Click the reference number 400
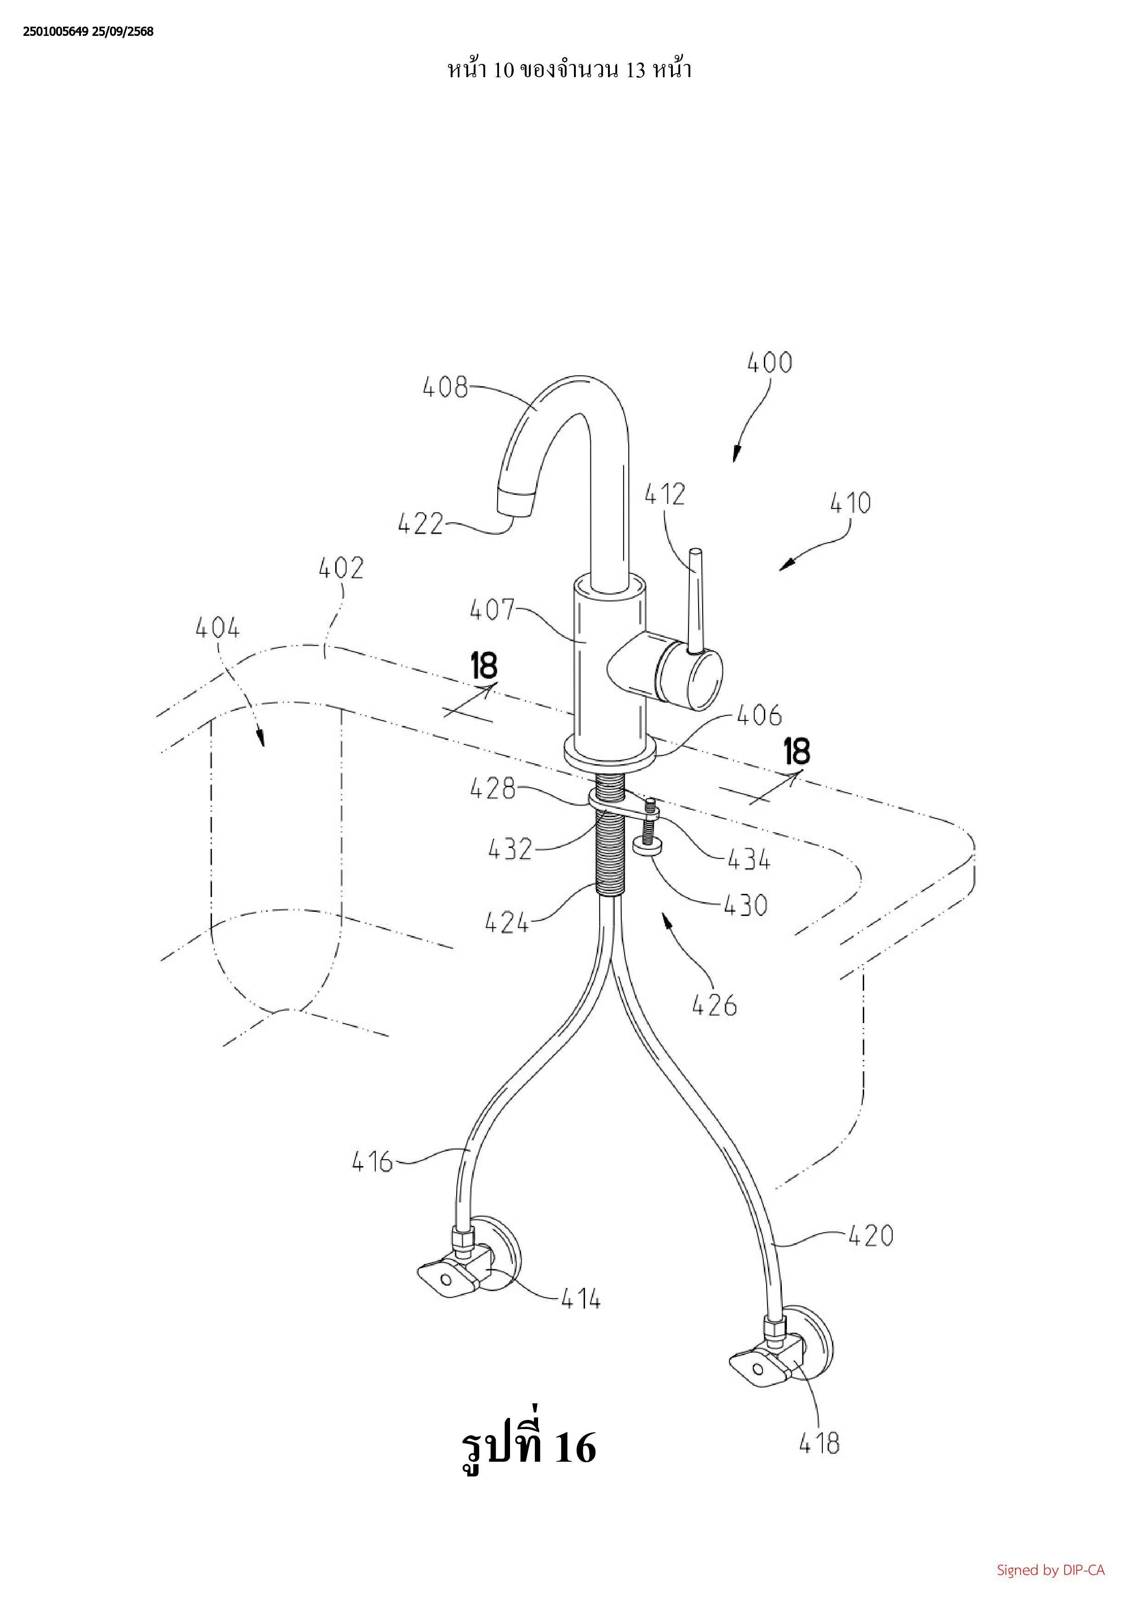point(769,363)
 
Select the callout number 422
point(420,524)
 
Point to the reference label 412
point(665,495)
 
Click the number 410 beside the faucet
point(850,503)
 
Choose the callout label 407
point(493,610)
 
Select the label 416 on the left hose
point(373,1162)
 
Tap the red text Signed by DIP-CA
point(1050,1570)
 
